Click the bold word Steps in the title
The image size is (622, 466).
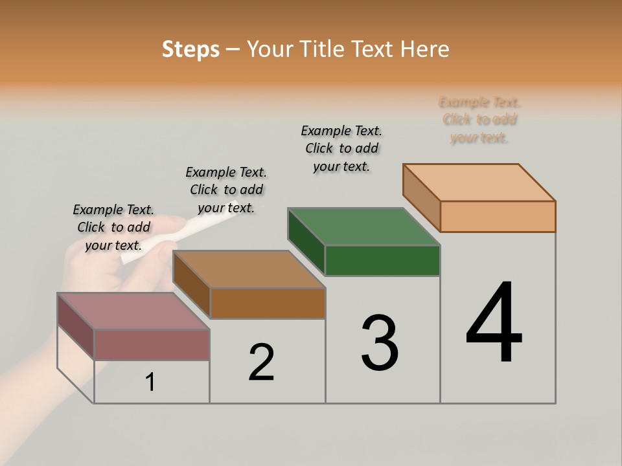[x=190, y=49]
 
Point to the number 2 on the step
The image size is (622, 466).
[x=262, y=362]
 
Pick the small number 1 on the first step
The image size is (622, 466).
[x=150, y=382]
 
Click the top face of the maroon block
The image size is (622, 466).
[x=133, y=311]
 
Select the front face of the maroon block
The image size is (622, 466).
[x=152, y=345]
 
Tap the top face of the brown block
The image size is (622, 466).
[x=248, y=269]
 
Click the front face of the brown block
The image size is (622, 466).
[x=268, y=303]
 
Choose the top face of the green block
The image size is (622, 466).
[x=363, y=227]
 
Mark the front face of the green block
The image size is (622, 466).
[x=382, y=260]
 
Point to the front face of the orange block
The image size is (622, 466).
[x=498, y=216]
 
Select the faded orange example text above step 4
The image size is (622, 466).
[x=479, y=120]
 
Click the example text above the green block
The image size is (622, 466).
[x=341, y=148]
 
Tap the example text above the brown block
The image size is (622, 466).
[x=226, y=190]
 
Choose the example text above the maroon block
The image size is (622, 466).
[x=113, y=227]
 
